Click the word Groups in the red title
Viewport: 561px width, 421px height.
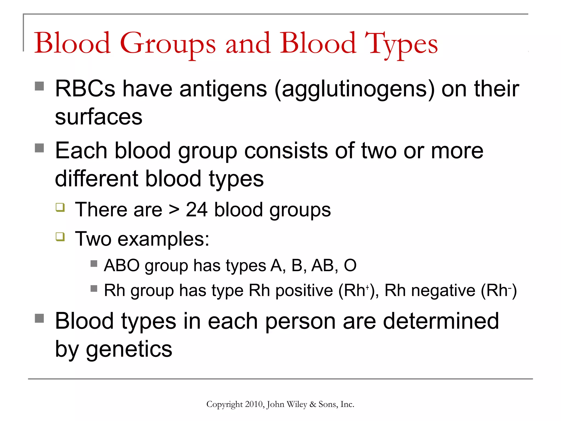(x=168, y=44)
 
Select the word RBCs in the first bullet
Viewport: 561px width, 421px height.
(x=85, y=89)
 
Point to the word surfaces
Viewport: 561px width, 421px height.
(x=99, y=117)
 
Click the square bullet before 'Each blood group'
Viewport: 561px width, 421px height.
(x=39, y=148)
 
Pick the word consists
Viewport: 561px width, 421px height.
(x=286, y=151)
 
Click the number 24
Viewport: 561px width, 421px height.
(x=196, y=210)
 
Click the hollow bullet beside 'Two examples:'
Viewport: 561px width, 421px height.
(x=60, y=236)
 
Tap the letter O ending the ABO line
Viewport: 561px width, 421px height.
(x=350, y=265)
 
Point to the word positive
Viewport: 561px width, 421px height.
(x=304, y=291)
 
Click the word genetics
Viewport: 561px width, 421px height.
(x=129, y=350)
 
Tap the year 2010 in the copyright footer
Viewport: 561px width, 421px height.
(x=254, y=404)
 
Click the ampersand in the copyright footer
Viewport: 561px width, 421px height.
(x=313, y=404)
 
